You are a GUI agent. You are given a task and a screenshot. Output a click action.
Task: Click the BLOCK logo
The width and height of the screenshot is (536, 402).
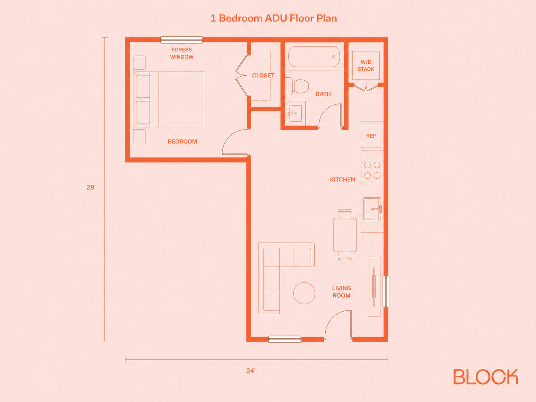[x=485, y=376]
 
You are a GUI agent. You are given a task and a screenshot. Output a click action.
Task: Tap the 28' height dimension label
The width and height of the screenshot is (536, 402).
[x=91, y=187]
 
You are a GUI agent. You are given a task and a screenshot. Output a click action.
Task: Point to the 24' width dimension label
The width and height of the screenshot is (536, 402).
[x=251, y=371]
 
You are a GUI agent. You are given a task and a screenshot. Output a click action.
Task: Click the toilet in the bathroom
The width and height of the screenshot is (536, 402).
[x=297, y=86]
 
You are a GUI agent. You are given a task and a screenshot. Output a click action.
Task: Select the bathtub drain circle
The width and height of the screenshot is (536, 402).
[x=334, y=57]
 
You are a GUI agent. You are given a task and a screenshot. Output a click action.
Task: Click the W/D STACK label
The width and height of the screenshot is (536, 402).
[x=366, y=66]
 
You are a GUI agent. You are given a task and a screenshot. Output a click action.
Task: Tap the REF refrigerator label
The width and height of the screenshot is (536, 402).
[x=371, y=136]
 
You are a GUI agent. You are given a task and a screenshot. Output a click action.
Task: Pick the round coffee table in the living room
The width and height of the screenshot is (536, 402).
[x=304, y=293]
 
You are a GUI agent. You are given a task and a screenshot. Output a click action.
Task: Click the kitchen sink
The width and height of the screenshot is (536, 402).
[x=372, y=209]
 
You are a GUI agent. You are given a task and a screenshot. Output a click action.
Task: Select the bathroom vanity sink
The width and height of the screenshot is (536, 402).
[x=295, y=113]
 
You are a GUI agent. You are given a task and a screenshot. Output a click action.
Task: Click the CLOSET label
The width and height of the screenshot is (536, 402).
[x=263, y=76]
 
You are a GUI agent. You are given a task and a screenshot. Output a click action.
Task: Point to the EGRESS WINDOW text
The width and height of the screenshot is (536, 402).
[x=182, y=53]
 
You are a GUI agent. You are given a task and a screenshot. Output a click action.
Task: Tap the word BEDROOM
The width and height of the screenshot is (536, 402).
[x=182, y=141]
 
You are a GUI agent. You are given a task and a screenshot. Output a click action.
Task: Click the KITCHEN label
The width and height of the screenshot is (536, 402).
[x=342, y=180]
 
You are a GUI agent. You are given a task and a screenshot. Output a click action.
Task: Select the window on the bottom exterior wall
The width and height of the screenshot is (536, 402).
[x=285, y=339]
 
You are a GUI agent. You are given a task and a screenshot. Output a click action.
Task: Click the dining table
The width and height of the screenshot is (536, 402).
[x=345, y=235]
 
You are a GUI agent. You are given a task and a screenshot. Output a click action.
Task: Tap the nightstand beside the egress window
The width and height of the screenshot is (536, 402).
[x=139, y=63]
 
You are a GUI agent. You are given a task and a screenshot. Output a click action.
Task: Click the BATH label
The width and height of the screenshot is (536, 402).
[x=323, y=94]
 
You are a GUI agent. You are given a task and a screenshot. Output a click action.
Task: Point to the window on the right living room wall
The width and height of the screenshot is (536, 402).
[x=386, y=292]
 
